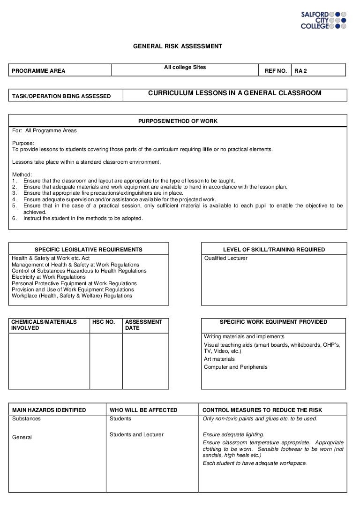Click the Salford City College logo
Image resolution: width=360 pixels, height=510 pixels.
click(x=323, y=20)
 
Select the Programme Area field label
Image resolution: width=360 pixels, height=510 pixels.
click(x=38, y=71)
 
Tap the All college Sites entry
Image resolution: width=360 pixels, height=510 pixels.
click(x=185, y=68)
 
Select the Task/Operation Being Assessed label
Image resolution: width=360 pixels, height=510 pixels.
click(x=61, y=97)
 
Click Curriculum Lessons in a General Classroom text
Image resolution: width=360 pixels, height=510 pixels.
click(x=235, y=93)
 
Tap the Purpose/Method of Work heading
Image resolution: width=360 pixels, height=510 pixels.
click(x=178, y=121)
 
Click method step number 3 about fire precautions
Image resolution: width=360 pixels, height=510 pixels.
click(x=103, y=193)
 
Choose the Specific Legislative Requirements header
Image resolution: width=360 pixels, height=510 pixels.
click(x=89, y=250)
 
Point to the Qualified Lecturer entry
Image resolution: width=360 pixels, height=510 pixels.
click(x=225, y=258)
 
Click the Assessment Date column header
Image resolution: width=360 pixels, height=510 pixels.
click(x=143, y=325)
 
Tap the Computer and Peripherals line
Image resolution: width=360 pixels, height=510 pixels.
click(x=236, y=367)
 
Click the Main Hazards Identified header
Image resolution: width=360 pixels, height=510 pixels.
click(x=49, y=410)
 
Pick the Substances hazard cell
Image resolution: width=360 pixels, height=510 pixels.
click(x=26, y=419)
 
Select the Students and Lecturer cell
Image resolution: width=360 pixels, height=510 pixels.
click(x=136, y=434)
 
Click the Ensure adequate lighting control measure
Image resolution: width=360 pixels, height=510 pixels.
click(x=233, y=434)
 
